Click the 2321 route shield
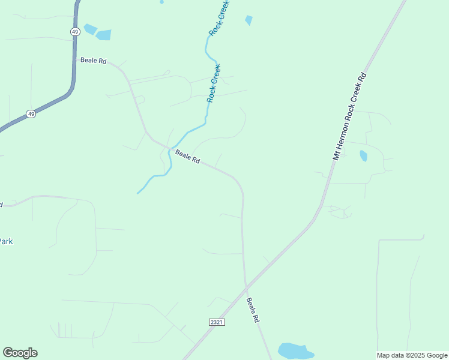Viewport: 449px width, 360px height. click(x=217, y=322)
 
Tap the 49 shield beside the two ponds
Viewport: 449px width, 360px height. click(x=74, y=31)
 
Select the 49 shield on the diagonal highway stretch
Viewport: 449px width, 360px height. click(x=31, y=113)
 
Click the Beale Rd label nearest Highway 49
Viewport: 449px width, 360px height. click(x=93, y=61)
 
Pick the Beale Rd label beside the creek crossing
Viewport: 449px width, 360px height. click(x=187, y=157)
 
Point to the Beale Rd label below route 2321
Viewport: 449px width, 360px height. click(x=253, y=311)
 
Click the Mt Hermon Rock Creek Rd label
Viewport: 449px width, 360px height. click(x=349, y=116)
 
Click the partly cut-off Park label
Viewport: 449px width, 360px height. click(x=6, y=241)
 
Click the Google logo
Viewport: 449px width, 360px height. click(x=20, y=353)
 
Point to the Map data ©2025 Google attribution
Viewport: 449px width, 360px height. click(x=412, y=355)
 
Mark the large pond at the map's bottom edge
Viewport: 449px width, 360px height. click(x=295, y=351)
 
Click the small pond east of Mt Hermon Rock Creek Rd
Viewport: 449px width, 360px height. click(x=363, y=156)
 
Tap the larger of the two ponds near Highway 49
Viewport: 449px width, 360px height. click(x=103, y=35)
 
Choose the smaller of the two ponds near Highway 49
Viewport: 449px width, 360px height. click(x=90, y=28)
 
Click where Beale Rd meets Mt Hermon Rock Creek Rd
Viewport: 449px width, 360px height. click(x=246, y=285)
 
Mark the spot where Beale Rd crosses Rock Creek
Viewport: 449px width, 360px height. click(x=170, y=149)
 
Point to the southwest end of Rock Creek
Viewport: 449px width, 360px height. click(x=138, y=193)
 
